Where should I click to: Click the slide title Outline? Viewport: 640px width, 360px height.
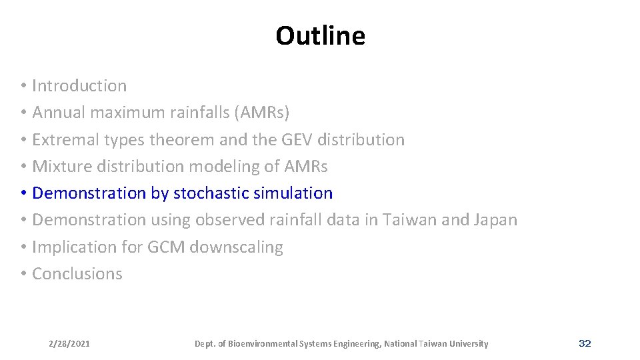320,36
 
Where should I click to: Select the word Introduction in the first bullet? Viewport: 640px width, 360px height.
79,86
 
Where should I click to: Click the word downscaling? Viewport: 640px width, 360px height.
237,247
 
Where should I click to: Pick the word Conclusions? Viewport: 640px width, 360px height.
77,274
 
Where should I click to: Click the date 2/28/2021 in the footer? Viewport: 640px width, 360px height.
69,344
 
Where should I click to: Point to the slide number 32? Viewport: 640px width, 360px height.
585,343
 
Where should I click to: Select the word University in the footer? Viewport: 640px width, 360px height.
467,344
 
